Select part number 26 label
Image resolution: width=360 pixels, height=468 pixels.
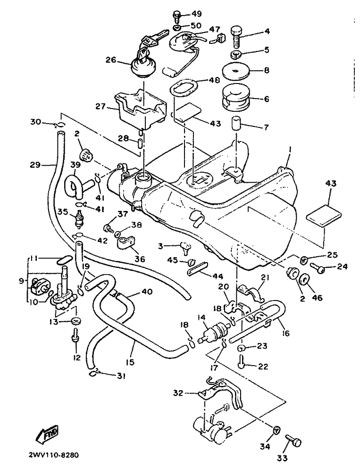click(110, 60)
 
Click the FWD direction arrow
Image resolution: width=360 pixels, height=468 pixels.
click(49, 430)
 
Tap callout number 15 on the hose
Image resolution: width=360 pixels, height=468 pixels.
click(130, 362)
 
